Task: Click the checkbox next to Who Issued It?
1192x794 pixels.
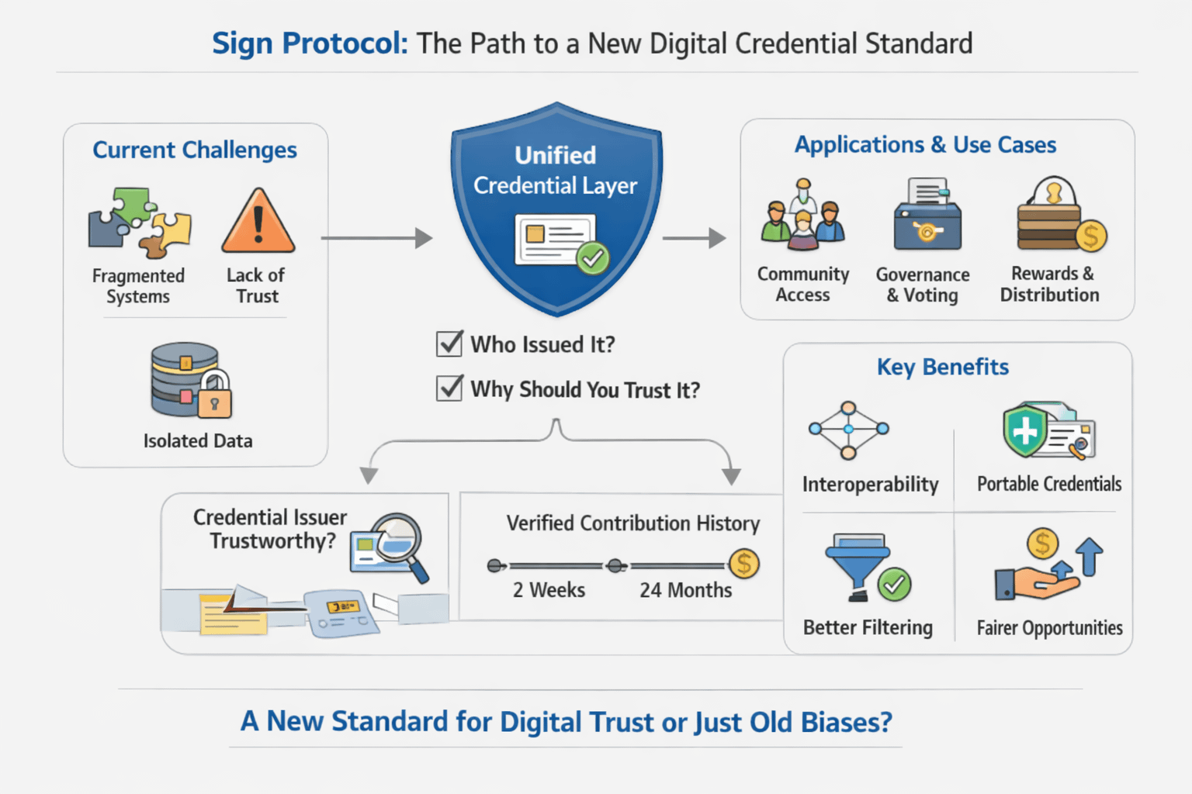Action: (449, 343)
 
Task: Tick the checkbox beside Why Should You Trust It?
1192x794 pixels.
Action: (449, 387)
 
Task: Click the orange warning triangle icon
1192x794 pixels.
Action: (258, 223)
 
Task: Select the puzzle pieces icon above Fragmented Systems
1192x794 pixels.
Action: (140, 223)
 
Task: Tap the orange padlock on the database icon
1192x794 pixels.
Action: (215, 401)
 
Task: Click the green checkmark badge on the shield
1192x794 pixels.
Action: (593, 257)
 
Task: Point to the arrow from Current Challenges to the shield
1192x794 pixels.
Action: (376, 238)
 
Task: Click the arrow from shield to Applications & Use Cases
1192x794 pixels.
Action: (694, 238)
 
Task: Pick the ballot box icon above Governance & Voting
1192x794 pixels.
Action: (927, 215)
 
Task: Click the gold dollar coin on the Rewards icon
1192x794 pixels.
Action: (1090, 236)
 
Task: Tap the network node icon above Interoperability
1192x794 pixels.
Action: (848, 430)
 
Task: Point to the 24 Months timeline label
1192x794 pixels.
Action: (685, 590)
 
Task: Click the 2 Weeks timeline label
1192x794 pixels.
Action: (549, 590)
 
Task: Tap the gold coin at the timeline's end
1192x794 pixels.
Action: (743, 564)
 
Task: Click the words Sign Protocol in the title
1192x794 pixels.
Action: (310, 43)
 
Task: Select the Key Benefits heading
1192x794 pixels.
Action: (942, 367)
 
